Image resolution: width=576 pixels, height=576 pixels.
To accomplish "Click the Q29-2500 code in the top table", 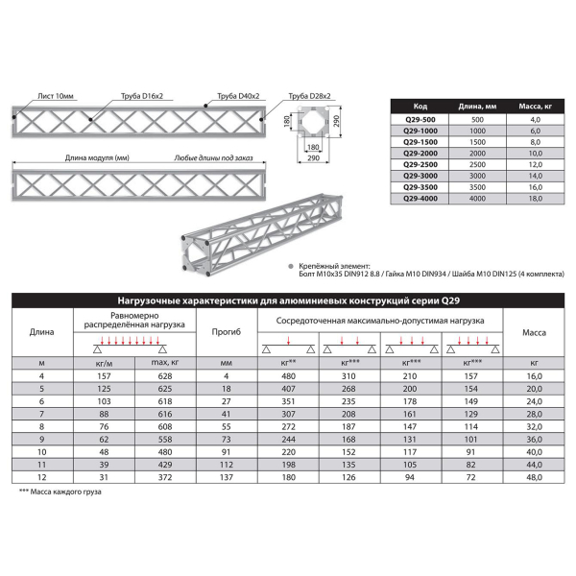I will point(420,164).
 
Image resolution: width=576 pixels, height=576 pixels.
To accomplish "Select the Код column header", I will point(420,107).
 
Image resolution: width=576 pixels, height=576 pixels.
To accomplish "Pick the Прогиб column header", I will point(227,332).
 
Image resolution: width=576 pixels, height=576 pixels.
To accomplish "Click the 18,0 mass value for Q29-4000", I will point(537,198).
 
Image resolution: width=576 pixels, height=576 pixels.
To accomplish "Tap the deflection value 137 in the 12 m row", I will point(227,477).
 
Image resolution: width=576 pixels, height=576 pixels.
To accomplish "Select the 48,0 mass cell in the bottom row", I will point(534,477).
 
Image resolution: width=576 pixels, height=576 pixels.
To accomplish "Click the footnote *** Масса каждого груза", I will point(60,492).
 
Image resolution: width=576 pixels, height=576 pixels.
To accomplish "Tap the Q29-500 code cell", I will point(420,119).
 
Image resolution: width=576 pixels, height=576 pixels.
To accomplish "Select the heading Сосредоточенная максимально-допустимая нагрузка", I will point(380,320).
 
